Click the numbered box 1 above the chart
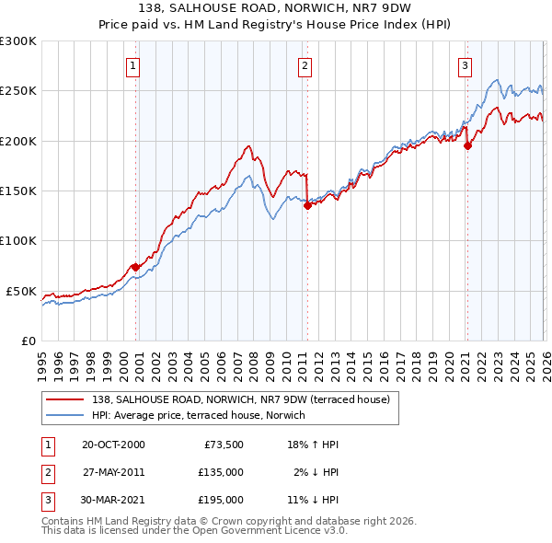point(133,65)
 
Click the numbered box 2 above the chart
point(305,65)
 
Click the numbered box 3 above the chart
point(466,65)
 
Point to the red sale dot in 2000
point(136,267)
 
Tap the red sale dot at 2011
point(307,206)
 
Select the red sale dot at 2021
point(467,145)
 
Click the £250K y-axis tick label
point(18,91)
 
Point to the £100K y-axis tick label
point(18,240)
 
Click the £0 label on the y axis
point(28,341)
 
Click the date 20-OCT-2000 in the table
point(113,444)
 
